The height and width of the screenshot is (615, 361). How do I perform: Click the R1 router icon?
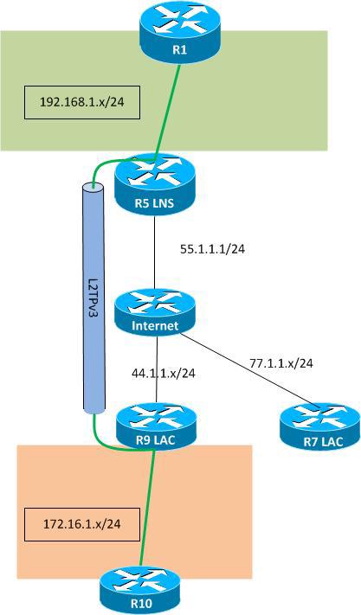[x=179, y=33]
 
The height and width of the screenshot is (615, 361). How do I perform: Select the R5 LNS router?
[x=155, y=183]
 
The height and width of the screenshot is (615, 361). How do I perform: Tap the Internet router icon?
[x=156, y=312]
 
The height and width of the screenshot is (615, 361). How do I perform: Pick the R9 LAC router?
[x=156, y=424]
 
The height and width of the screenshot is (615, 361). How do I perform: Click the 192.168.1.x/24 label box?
[x=82, y=102]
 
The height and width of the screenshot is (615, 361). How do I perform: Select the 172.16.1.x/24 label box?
[x=82, y=522]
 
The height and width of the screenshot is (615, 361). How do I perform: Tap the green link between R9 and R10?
[x=146, y=510]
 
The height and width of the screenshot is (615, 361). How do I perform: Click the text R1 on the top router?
[x=179, y=49]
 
